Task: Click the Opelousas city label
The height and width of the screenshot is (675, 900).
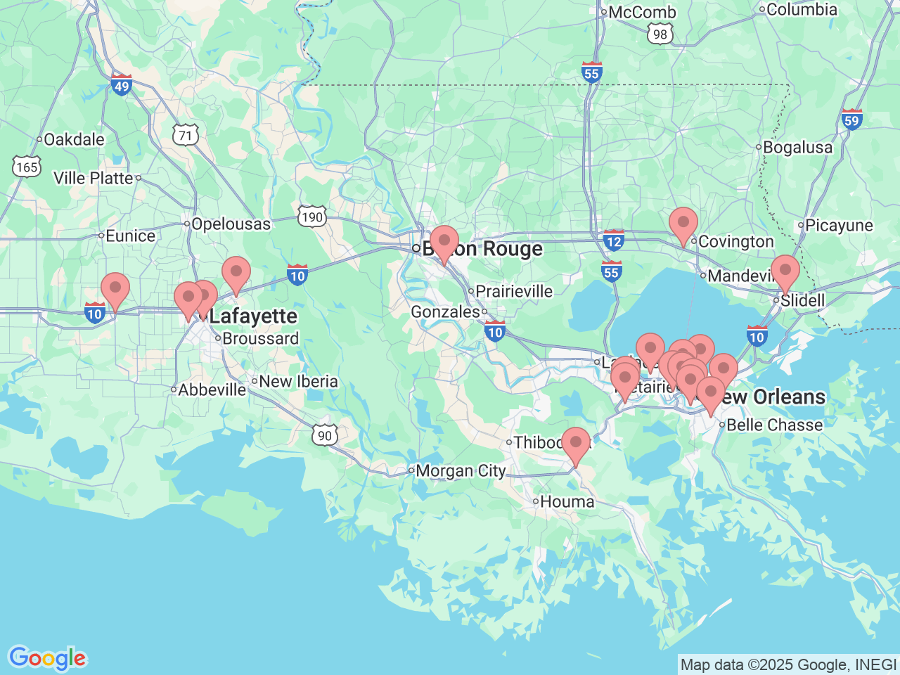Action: [231, 224]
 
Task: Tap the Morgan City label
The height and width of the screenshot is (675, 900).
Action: [461, 470]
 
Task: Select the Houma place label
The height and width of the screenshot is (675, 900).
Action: [567, 501]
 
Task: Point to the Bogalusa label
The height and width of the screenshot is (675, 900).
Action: [797, 148]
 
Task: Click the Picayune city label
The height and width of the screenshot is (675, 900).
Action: [839, 226]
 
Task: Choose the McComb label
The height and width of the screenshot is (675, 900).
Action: [642, 12]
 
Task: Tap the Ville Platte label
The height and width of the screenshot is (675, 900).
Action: [93, 178]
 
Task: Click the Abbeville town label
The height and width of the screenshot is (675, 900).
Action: [212, 390]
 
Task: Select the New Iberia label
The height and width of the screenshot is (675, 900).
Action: [298, 381]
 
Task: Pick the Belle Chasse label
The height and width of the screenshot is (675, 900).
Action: [774, 425]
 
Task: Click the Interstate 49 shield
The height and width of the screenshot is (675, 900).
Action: [122, 85]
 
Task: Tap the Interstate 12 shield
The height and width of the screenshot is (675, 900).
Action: [613, 240]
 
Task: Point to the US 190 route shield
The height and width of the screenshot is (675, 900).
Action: [311, 217]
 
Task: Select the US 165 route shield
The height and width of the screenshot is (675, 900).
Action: [27, 167]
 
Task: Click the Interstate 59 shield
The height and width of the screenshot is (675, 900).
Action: [851, 120]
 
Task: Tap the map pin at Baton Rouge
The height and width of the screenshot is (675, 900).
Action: [444, 243]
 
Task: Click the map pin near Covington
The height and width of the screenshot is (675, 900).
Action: [683, 224]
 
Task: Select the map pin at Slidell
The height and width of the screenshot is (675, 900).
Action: [785, 271]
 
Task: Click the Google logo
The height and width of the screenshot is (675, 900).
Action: [47, 658]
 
